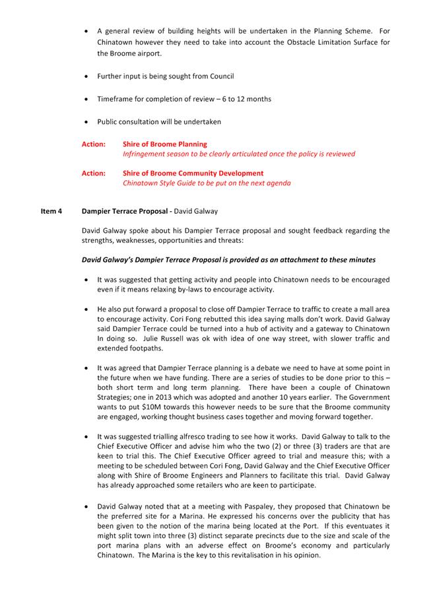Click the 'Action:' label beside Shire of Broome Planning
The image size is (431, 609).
[x=93, y=144]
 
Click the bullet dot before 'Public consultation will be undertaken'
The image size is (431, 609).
[x=86, y=122]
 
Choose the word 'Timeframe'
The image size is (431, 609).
[x=114, y=99]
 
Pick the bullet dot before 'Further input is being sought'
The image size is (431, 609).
[x=86, y=77]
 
